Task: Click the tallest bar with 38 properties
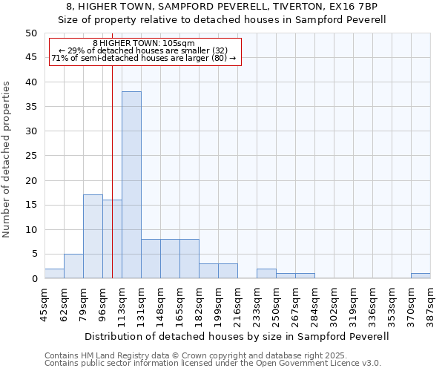(x=131, y=185)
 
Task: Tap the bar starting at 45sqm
(x=54, y=273)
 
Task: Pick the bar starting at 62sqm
(x=73, y=266)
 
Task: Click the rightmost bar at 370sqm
(x=421, y=275)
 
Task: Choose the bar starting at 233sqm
(x=266, y=273)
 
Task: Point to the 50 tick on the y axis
(x=31, y=33)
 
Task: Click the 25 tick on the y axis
(x=31, y=156)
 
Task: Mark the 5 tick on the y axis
(x=34, y=254)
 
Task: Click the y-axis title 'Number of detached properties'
(x=7, y=160)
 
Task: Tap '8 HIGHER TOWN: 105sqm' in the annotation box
(x=144, y=43)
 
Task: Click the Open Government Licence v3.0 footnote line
(x=213, y=363)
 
